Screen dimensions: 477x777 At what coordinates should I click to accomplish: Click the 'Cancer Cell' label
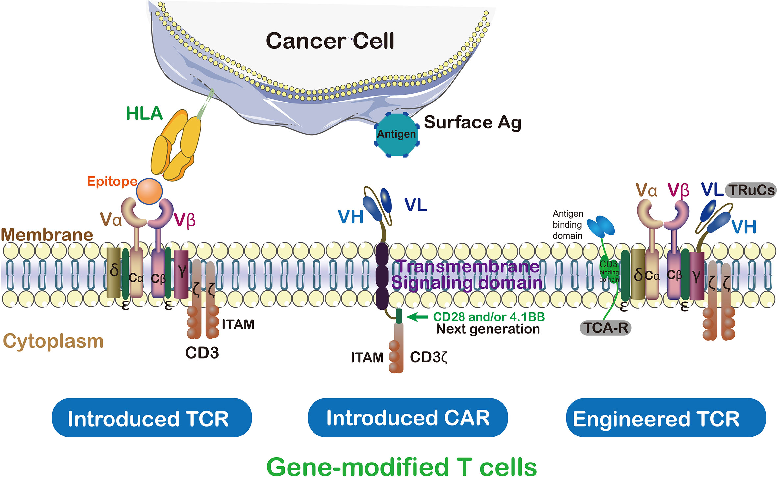(330, 41)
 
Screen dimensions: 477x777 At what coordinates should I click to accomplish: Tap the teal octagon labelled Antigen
(396, 135)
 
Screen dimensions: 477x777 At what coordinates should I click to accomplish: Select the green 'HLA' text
(144, 113)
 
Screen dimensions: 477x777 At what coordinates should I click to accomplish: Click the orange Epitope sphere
(149, 191)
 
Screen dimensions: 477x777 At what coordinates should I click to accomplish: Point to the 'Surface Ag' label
(472, 123)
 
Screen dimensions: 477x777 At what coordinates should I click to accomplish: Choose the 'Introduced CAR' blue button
(408, 418)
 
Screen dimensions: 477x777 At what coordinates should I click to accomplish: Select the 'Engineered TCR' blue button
(666, 418)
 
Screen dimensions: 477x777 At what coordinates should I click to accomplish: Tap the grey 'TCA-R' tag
(605, 328)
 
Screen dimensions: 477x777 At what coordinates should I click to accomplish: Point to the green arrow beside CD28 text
(417, 317)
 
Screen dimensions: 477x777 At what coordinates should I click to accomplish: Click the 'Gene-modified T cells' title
(401, 466)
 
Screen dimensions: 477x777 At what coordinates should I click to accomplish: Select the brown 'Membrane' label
(47, 235)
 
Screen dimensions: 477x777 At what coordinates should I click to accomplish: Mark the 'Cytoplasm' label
(53, 341)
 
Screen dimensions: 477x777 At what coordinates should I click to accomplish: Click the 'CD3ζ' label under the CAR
(429, 357)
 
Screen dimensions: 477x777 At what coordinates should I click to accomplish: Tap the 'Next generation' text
(488, 329)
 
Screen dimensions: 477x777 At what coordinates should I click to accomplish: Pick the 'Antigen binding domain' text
(567, 225)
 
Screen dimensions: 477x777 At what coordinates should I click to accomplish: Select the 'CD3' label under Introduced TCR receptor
(202, 353)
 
